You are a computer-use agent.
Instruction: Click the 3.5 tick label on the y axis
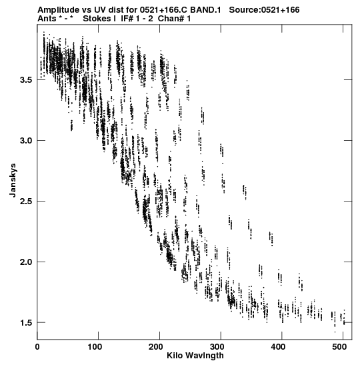[x=26, y=80]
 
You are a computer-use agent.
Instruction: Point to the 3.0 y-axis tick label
[x=26, y=141]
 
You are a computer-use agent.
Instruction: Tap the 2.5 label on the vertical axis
[x=26, y=202]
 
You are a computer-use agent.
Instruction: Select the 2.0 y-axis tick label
[x=26, y=262]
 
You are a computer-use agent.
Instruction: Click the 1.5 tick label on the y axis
[x=26, y=323]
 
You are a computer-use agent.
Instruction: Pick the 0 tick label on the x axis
[x=37, y=347]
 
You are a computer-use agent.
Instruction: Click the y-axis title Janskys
[x=13, y=180]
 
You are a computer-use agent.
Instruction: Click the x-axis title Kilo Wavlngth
[x=195, y=356]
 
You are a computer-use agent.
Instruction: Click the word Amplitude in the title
[x=58, y=10]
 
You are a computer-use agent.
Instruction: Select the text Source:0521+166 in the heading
[x=264, y=10]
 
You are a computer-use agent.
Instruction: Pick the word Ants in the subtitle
[x=47, y=19]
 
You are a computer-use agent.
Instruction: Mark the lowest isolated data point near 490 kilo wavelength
[x=335, y=332]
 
